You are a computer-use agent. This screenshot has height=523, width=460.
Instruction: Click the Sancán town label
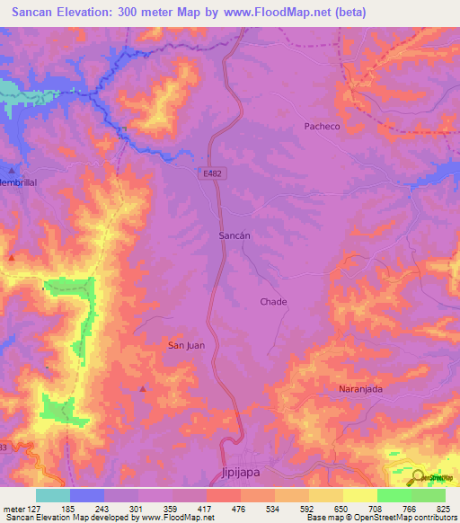click(234, 235)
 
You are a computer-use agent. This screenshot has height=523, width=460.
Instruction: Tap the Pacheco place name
click(322, 127)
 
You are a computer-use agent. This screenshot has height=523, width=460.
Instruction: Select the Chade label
click(273, 302)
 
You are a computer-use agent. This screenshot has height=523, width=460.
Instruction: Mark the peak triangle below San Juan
click(142, 388)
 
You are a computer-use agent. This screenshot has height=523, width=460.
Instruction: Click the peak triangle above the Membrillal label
click(12, 170)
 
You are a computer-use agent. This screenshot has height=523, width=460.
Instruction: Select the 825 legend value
click(444, 508)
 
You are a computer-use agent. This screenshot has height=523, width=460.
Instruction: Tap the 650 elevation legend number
click(341, 508)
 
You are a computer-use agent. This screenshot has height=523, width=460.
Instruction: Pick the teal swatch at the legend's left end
click(53, 495)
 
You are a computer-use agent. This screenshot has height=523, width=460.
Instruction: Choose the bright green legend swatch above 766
click(394, 495)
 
